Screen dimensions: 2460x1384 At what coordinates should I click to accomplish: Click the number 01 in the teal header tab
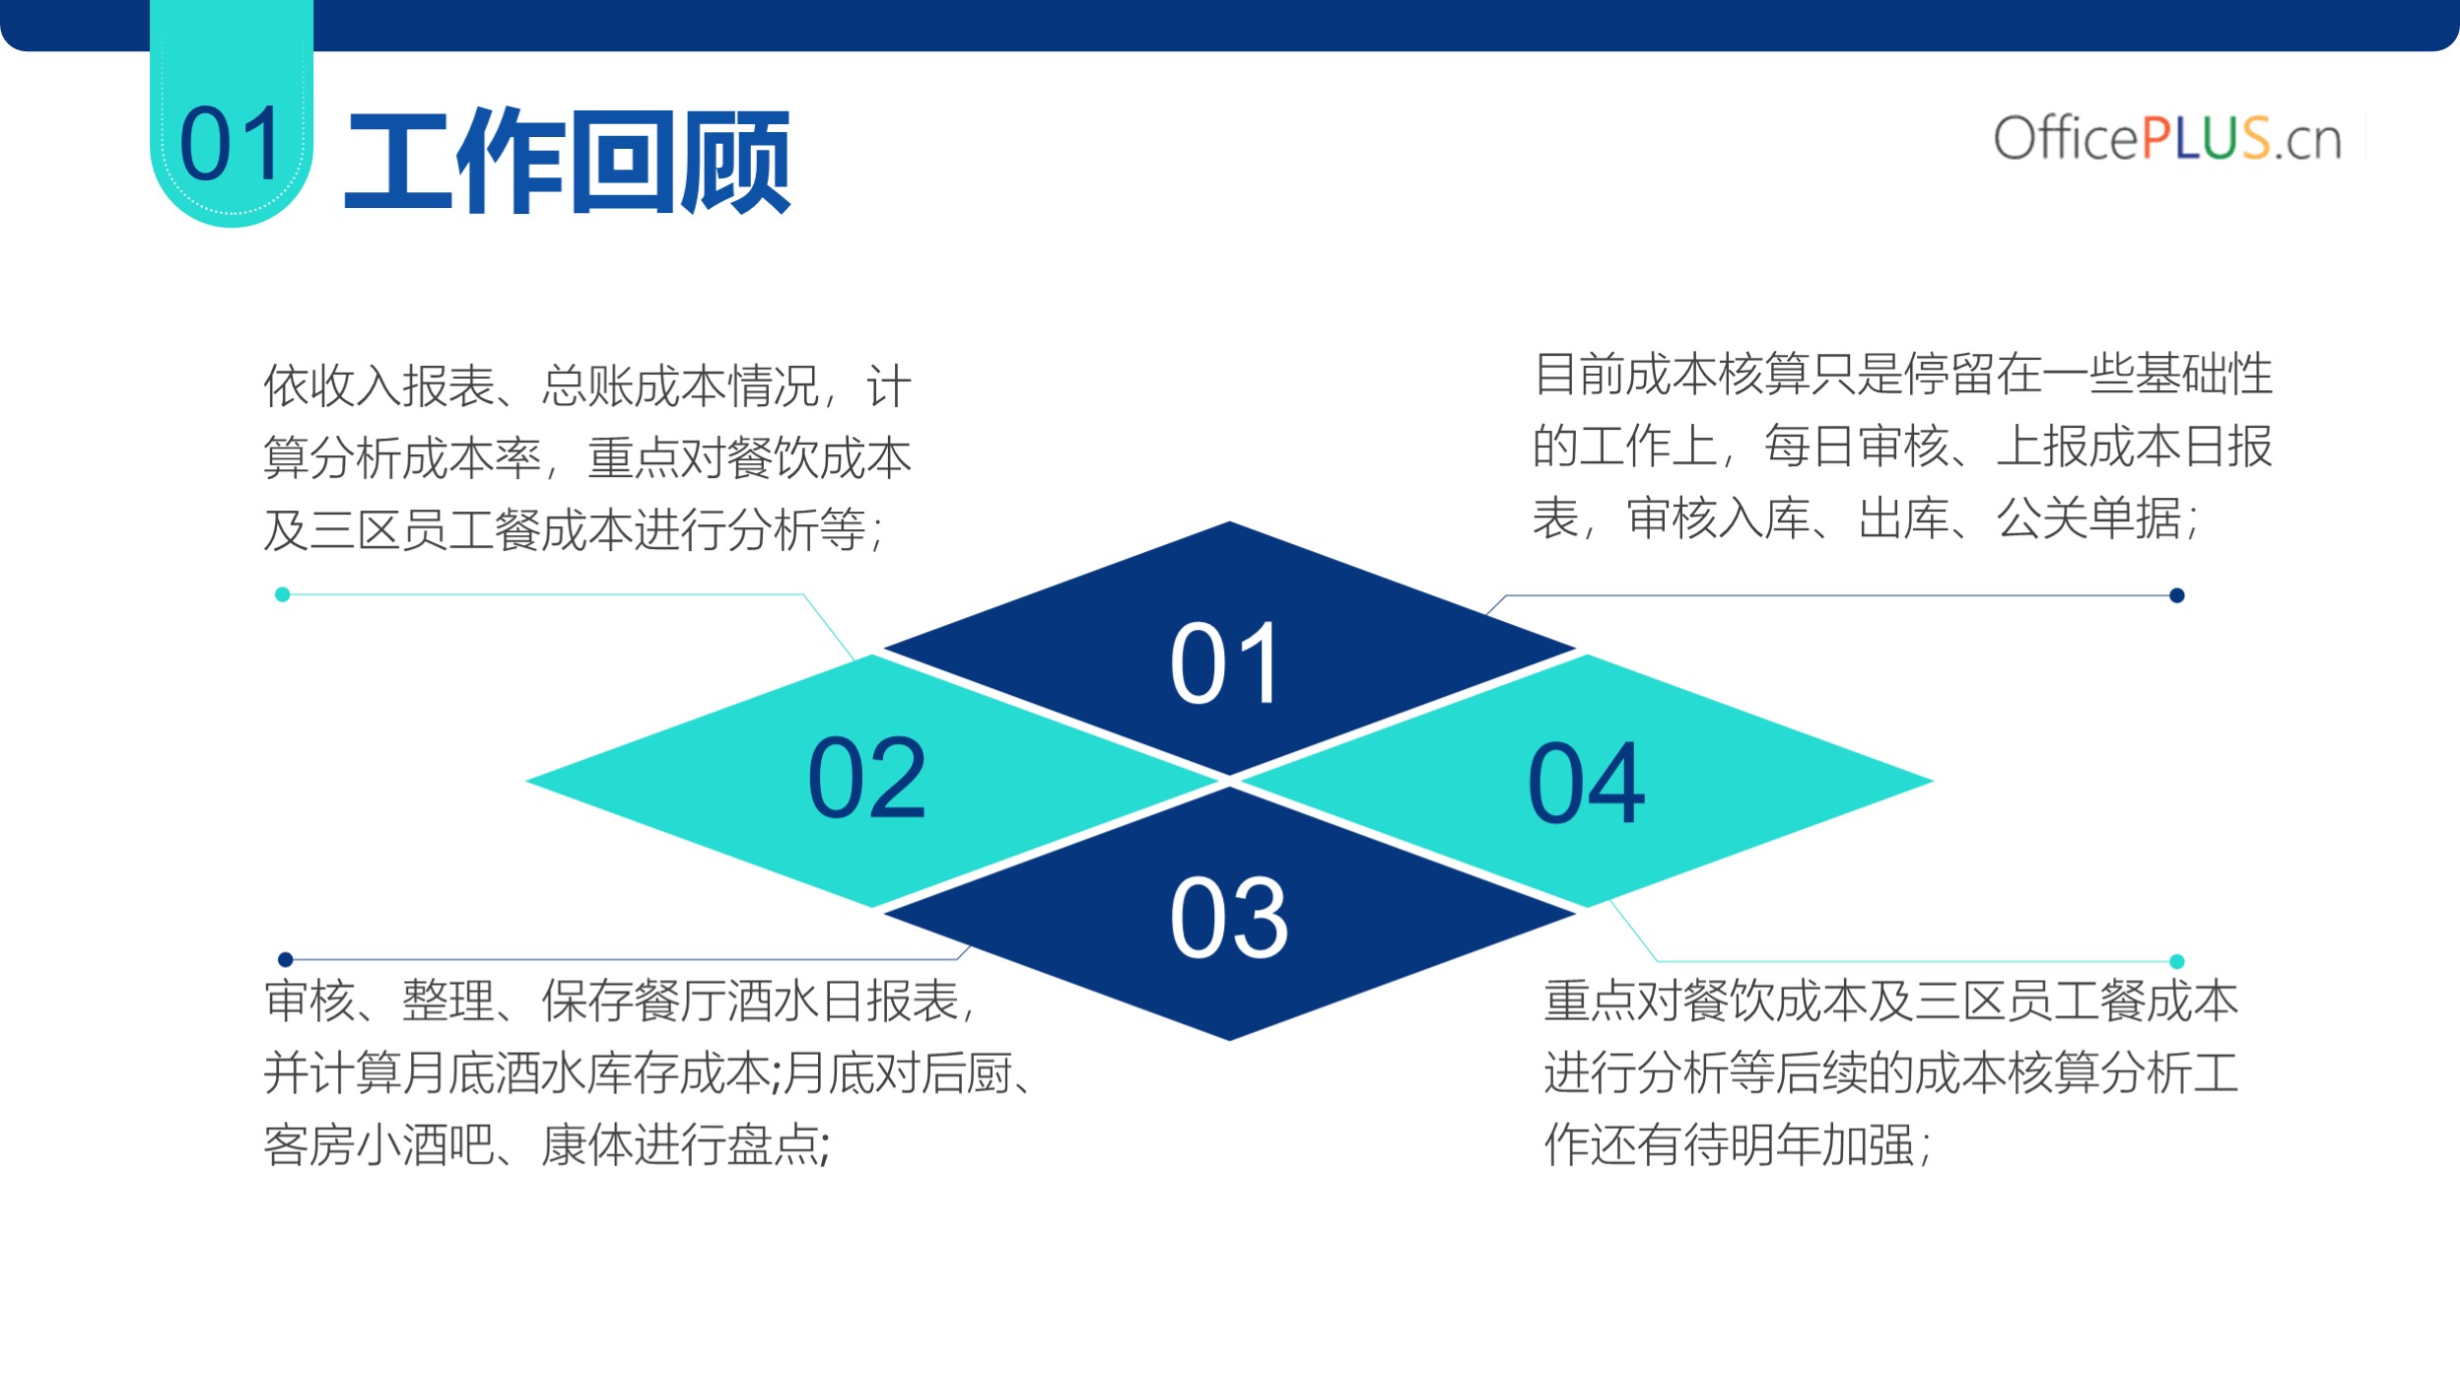pyautogui.click(x=233, y=144)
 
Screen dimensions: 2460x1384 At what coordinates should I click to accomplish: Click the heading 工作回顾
pyautogui.click(x=568, y=162)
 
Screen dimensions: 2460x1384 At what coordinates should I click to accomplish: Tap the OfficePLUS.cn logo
pyautogui.click(x=2167, y=138)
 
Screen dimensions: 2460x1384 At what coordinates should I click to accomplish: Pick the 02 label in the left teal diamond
pyautogui.click(x=867, y=778)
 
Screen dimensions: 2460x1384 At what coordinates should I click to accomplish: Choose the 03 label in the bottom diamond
pyautogui.click(x=1229, y=918)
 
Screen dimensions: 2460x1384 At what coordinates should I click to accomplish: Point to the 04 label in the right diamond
pyautogui.click(x=1587, y=784)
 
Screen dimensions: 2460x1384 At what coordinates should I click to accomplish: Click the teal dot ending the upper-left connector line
pyautogui.click(x=283, y=594)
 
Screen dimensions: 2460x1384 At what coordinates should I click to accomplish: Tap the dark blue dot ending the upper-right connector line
pyautogui.click(x=2177, y=595)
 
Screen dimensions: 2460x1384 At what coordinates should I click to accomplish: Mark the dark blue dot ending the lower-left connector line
pyautogui.click(x=286, y=959)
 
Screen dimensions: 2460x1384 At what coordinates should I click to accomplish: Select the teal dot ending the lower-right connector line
pyautogui.click(x=2177, y=961)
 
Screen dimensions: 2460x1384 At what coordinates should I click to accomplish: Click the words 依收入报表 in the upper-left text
pyautogui.click(x=379, y=385)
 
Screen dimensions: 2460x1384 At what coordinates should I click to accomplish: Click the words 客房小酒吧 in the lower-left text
pyautogui.click(x=378, y=1144)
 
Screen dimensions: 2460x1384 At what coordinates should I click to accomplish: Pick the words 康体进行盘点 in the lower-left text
pyautogui.click(x=680, y=1144)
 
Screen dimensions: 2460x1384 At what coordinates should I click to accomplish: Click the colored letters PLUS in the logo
pyautogui.click(x=2206, y=138)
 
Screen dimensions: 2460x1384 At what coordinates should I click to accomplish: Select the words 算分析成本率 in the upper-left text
pyautogui.click(x=402, y=458)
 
